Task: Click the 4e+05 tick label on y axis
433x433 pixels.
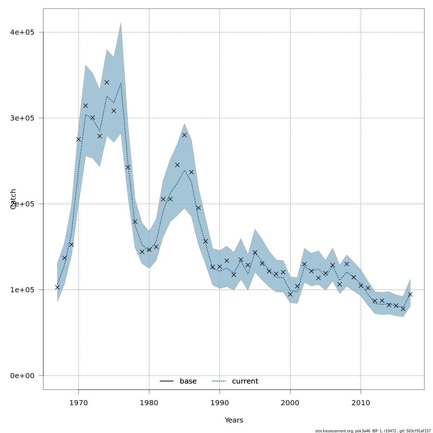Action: (22, 32)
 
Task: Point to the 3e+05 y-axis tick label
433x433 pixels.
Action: (22, 118)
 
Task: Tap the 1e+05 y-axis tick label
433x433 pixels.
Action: (22, 290)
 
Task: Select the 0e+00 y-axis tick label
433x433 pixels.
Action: (22, 376)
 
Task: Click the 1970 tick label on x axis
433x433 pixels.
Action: (78, 403)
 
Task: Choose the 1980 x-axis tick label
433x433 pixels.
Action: (149, 403)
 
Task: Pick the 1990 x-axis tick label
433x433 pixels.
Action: (220, 403)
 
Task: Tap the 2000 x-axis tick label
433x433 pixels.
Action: (290, 403)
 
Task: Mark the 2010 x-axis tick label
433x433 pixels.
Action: (361, 403)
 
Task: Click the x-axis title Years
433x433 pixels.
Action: (234, 420)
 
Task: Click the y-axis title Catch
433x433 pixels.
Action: (13, 199)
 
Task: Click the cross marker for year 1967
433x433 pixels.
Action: (57, 287)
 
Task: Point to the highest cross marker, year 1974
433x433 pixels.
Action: (107, 82)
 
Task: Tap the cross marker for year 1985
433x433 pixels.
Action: (184, 135)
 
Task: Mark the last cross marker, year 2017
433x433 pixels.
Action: (410, 294)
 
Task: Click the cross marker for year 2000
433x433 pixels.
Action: (290, 294)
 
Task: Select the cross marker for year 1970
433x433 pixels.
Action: (79, 139)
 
